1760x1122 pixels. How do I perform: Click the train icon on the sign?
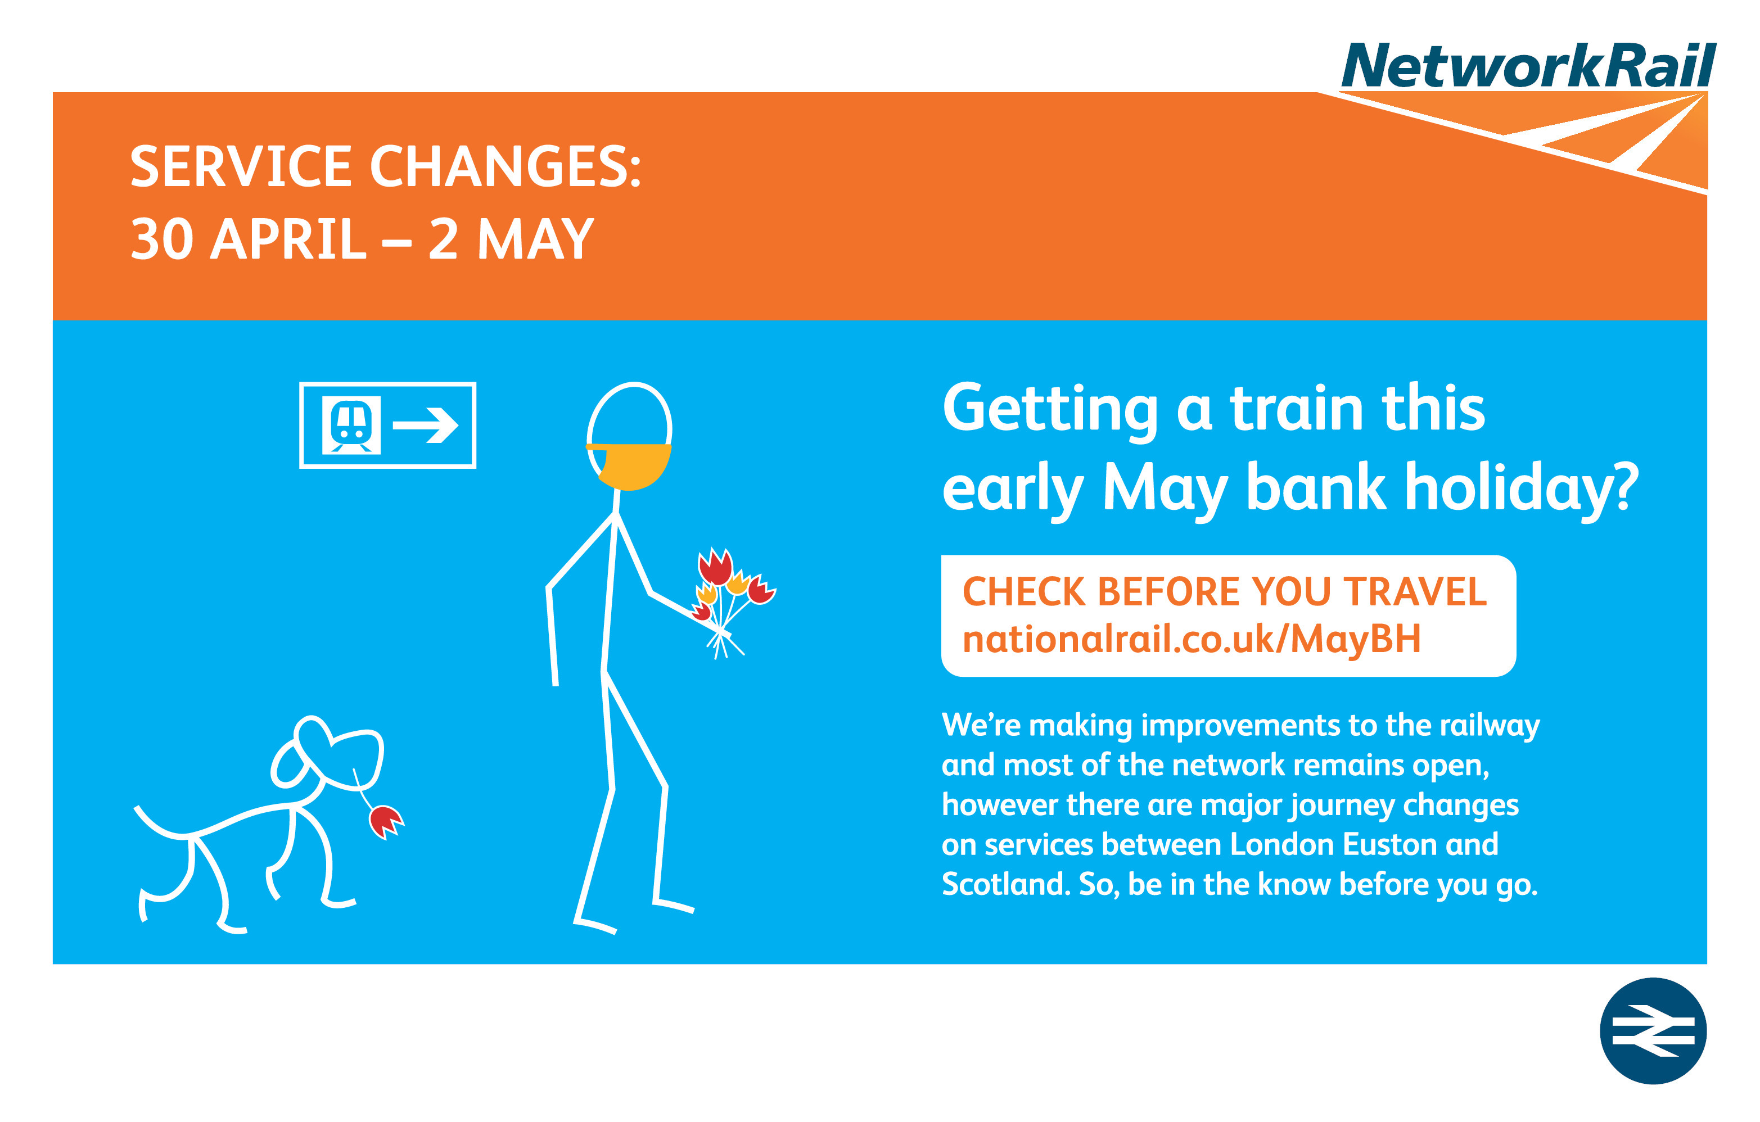[351, 425]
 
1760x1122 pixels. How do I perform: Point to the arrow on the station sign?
[426, 425]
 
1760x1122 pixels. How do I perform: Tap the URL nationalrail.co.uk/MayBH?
[1192, 639]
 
